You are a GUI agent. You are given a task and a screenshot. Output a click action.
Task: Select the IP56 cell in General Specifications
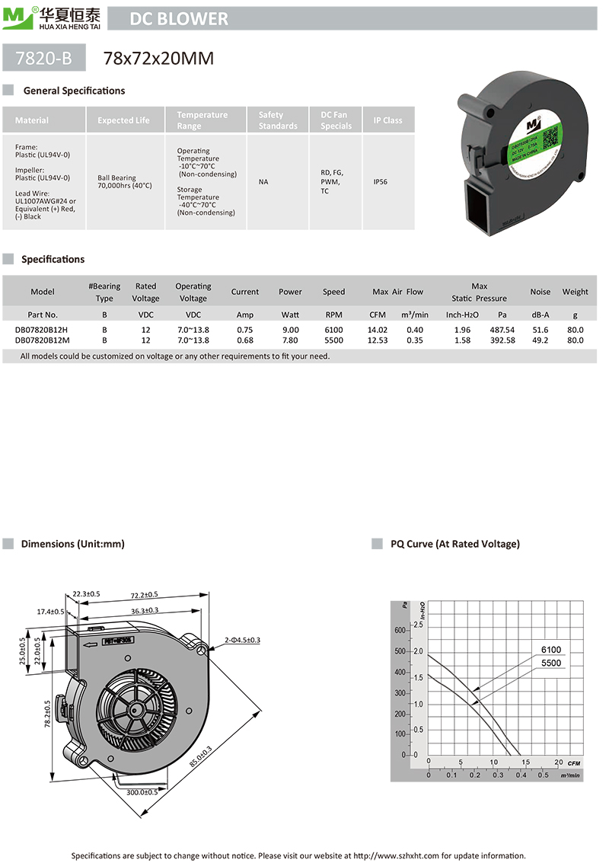[x=381, y=183]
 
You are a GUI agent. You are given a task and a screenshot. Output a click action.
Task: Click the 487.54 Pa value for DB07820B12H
[x=502, y=330]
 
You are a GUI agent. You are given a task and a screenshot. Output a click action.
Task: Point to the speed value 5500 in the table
[x=333, y=340]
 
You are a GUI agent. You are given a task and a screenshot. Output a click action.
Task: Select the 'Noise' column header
[x=540, y=292]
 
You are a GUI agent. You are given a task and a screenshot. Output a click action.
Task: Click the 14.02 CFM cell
[x=378, y=330]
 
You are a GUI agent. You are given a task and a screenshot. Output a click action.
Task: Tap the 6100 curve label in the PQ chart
[x=551, y=650]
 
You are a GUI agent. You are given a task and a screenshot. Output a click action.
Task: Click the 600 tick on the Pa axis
[x=400, y=631]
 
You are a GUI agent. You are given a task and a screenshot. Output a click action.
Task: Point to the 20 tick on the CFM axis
[x=558, y=762]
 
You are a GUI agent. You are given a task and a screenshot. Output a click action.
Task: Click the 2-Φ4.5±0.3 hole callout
[x=243, y=640]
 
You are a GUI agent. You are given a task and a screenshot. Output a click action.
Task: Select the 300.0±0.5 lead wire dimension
[x=142, y=792]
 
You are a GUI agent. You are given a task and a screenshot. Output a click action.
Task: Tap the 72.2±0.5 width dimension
[x=144, y=594]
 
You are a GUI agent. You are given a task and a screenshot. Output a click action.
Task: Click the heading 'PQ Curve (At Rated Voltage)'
[x=455, y=544]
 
